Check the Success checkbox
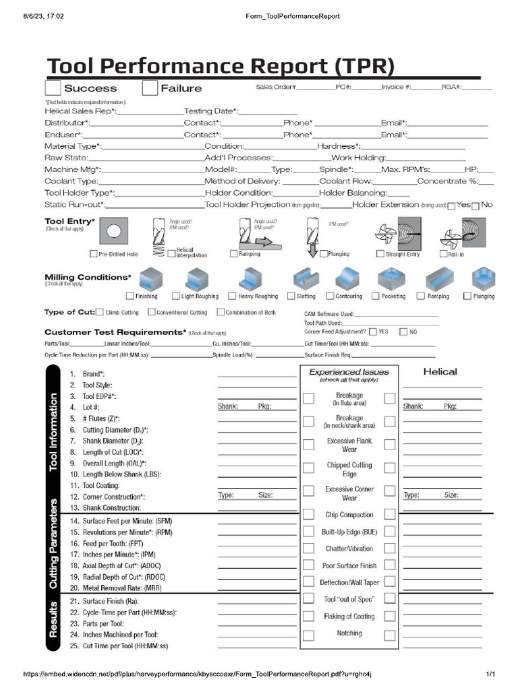pyautogui.click(x=53, y=88)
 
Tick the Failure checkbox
pyautogui.click(x=150, y=88)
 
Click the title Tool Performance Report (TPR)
pyautogui.click(x=220, y=67)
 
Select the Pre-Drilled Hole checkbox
pyautogui.click(x=94, y=254)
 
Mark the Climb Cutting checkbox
pyautogui.click(x=100, y=312)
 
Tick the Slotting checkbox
pyautogui.click(x=291, y=296)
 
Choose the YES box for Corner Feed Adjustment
pyautogui.click(x=373, y=332)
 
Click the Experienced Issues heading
pyautogui.click(x=349, y=372)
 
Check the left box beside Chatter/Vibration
pyautogui.click(x=308, y=548)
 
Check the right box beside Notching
pyautogui.click(x=390, y=635)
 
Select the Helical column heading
pyautogui.click(x=440, y=371)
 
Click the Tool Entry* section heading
pyautogui.click(x=69, y=221)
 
